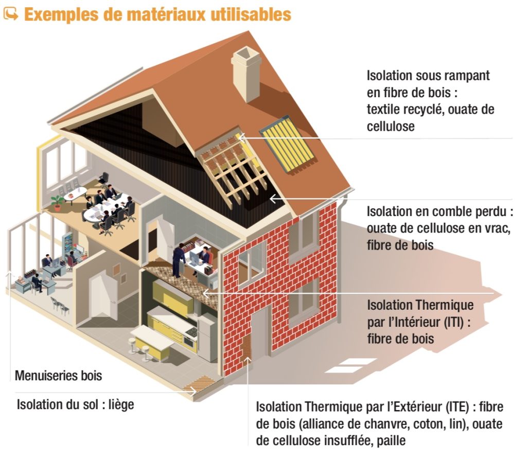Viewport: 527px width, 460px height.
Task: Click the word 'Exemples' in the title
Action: [x=56, y=14]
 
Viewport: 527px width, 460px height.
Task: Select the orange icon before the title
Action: [x=10, y=14]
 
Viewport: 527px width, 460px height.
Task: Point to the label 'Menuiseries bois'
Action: [x=58, y=376]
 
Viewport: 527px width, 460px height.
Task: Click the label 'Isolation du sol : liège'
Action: [x=75, y=404]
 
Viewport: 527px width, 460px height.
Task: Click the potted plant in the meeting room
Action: [x=57, y=203]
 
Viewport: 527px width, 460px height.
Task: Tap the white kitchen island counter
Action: [x=152, y=338]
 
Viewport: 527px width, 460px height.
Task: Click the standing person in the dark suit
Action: [x=179, y=260]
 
